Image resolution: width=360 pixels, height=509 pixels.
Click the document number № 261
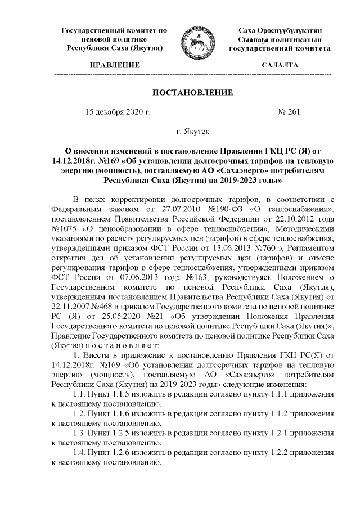point(289,112)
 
